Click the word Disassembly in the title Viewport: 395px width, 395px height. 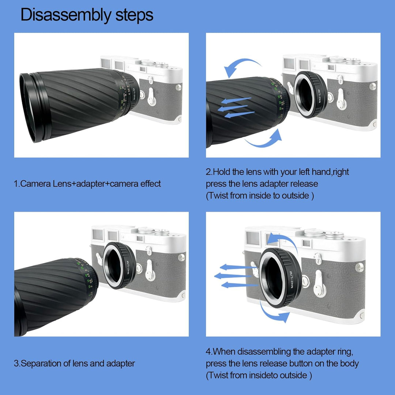[x=65, y=15]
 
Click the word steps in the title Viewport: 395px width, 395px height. [x=134, y=15]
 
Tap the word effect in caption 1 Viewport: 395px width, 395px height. [x=150, y=184]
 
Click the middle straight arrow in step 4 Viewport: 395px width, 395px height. [x=233, y=276]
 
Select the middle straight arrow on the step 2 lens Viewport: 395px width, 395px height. [x=233, y=108]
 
